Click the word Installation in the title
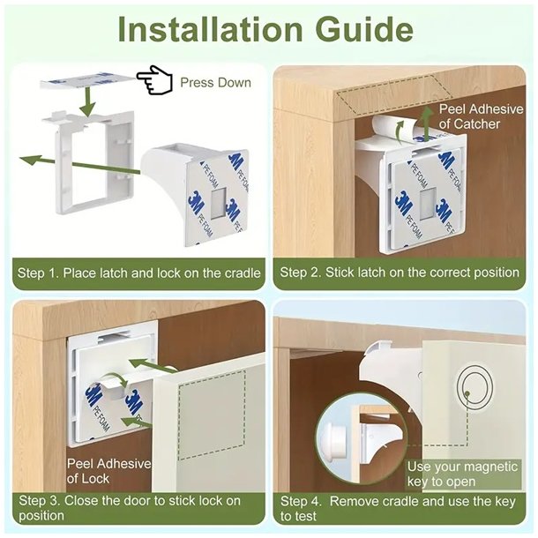tap(210, 29)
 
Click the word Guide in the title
tap(364, 29)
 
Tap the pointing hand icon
tap(154, 80)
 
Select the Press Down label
tap(215, 83)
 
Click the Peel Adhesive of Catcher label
tap(481, 116)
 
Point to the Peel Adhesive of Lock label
tap(108, 471)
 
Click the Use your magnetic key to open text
tap(462, 474)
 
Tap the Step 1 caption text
tap(139, 273)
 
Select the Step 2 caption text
tap(400, 273)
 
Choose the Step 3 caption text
tap(130, 508)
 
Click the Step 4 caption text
tap(398, 509)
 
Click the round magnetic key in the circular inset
tap(334, 442)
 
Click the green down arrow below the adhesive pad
tap(88, 101)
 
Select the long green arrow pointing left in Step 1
tap(79, 164)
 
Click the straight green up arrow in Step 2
tap(427, 123)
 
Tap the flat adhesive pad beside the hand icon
tap(89, 81)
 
